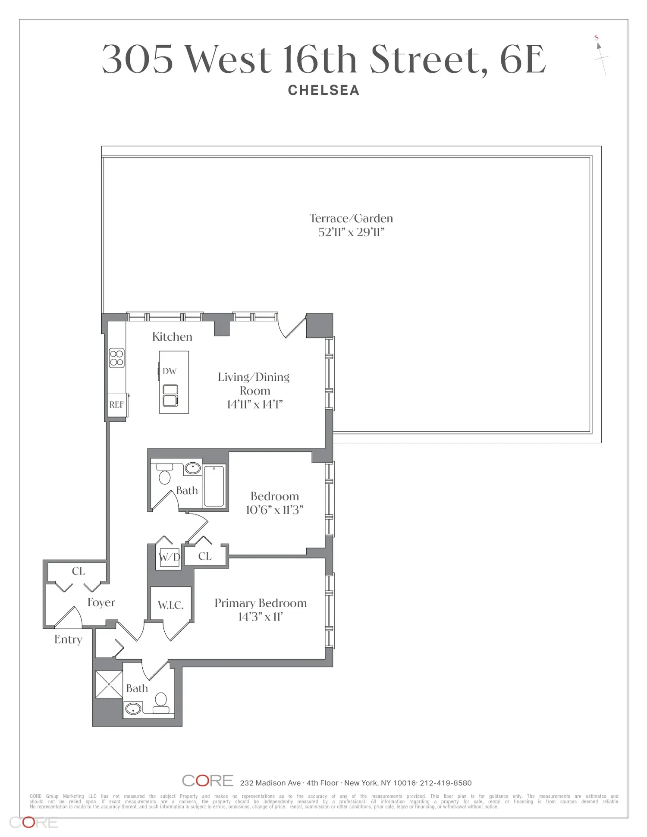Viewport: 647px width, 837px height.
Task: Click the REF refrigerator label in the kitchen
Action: point(116,404)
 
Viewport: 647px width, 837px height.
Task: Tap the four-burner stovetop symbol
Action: point(117,358)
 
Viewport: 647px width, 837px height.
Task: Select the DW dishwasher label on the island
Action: point(170,371)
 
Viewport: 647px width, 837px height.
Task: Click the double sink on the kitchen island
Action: point(170,395)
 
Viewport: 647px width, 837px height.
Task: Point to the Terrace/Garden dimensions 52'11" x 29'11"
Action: point(351,232)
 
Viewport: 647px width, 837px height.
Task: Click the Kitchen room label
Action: point(172,337)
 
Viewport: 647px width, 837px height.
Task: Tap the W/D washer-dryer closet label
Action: point(169,557)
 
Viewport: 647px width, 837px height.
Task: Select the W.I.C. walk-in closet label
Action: point(171,605)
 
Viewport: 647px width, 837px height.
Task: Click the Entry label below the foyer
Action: point(68,640)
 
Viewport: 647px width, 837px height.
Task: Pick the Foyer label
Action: point(101,602)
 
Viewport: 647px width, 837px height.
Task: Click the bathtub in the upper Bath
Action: point(214,486)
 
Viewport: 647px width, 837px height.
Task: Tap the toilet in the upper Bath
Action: point(164,474)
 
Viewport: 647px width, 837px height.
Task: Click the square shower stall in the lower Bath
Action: point(109,684)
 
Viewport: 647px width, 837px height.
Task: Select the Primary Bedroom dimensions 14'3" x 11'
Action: point(261,617)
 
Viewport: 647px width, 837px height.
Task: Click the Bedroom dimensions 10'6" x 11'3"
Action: point(275,510)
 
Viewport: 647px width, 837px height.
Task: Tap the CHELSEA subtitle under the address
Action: point(323,90)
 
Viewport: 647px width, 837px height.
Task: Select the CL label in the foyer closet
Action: point(79,571)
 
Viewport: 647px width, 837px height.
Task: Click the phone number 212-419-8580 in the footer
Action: point(446,783)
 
